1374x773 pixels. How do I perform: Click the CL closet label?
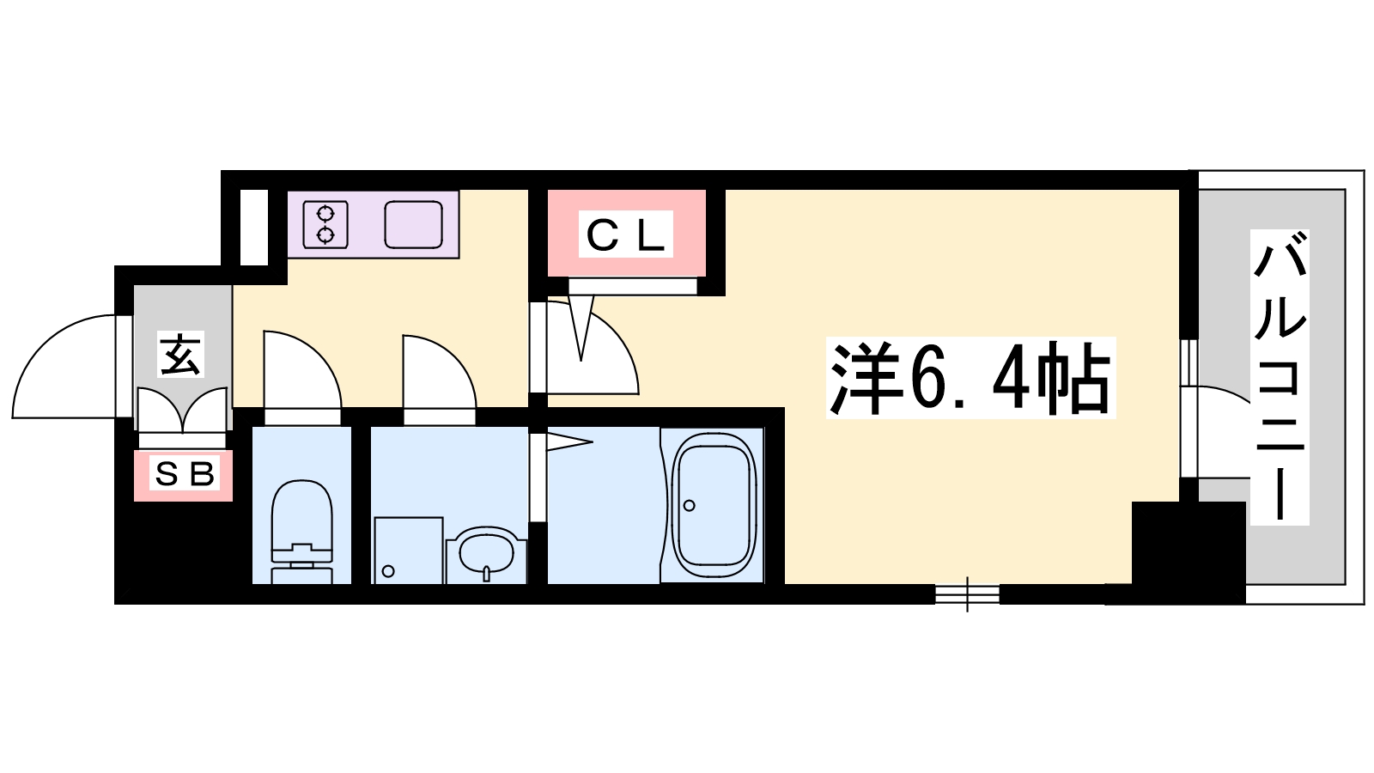coord(626,234)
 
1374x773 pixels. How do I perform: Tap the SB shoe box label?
coord(184,473)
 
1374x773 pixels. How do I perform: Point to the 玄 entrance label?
coord(180,355)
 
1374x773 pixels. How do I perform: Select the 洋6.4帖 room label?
coord(970,377)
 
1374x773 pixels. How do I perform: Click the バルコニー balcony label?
coord(1280,377)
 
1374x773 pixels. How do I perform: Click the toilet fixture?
coord(301,532)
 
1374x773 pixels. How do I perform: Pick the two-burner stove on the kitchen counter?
coord(325,224)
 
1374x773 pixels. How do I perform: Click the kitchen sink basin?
coord(413,224)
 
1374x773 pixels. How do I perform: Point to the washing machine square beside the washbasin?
coord(409,551)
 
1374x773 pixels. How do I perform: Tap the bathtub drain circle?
coord(690,506)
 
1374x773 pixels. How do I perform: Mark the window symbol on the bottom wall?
coord(967,593)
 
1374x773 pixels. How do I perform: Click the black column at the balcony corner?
coord(1189,552)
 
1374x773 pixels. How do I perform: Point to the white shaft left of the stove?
coord(254,227)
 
